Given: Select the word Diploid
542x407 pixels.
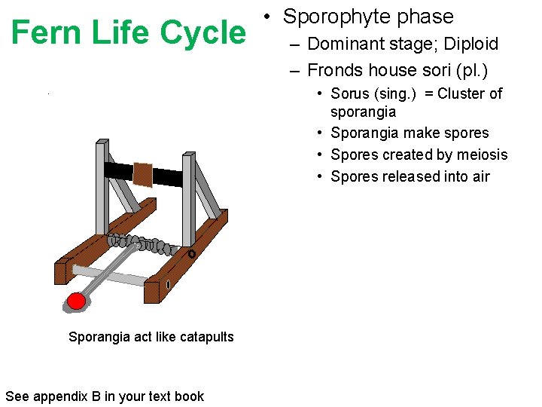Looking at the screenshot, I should click(x=470, y=44).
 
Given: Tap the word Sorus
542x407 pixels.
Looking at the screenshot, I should click(x=351, y=93).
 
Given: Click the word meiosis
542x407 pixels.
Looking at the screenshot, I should click(x=481, y=155).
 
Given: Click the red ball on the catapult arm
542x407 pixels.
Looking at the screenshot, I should click(x=76, y=301).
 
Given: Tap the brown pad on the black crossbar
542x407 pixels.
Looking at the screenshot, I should click(x=143, y=173).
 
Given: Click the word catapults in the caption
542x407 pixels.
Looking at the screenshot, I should click(x=205, y=337).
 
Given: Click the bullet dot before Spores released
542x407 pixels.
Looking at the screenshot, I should click(x=321, y=176).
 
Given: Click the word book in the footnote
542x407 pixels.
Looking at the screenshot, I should click(x=190, y=396).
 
